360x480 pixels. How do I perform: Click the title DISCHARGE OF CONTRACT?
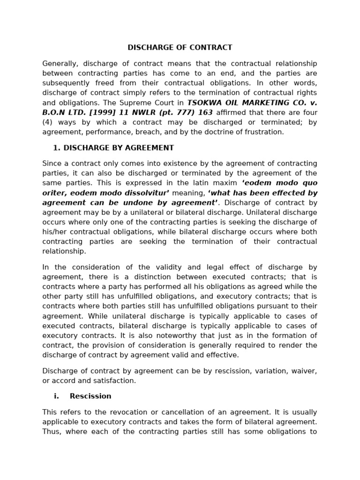click(x=180, y=48)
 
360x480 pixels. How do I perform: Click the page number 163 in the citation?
click(x=205, y=112)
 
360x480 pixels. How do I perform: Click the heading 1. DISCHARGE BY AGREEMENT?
click(x=113, y=148)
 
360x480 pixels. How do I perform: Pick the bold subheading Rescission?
click(x=90, y=397)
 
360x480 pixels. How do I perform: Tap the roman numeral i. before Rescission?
click(x=56, y=397)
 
